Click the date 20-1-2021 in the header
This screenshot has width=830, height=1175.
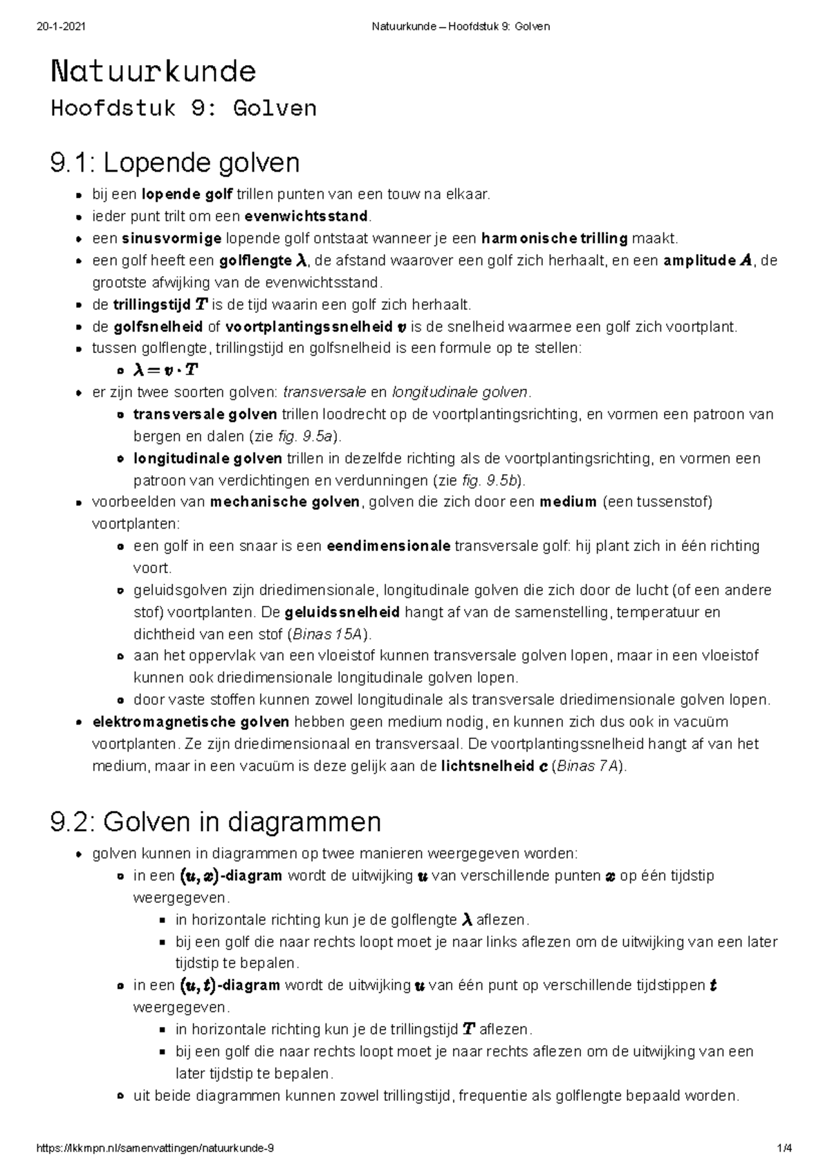(60, 27)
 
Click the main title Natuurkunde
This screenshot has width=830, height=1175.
(153, 71)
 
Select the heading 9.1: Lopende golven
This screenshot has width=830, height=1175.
(175, 163)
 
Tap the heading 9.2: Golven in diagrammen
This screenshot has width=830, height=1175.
(216, 822)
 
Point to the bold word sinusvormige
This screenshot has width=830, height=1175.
(171, 239)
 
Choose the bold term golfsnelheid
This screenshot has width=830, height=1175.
(158, 327)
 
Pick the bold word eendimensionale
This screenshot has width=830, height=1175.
(389, 546)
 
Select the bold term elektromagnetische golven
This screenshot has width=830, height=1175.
(191, 722)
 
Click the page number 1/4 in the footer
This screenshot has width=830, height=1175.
(784, 1148)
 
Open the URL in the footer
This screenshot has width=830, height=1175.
(154, 1148)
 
